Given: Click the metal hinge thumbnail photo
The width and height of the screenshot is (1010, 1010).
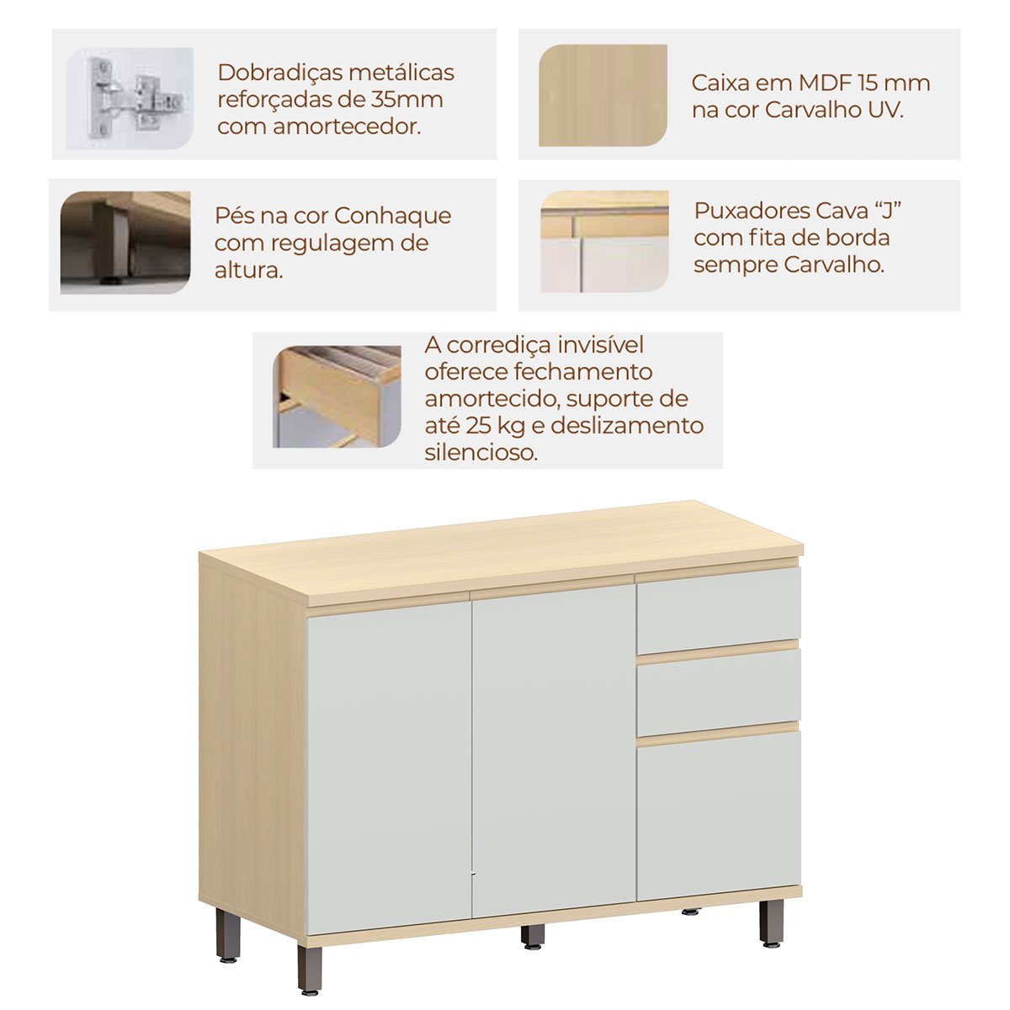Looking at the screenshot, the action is point(130,98).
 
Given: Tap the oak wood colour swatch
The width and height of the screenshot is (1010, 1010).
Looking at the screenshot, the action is point(603,95).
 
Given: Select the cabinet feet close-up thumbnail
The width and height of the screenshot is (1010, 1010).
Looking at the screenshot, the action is point(125,242).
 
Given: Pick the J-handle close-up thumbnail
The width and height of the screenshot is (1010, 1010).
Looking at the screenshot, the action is point(604,242).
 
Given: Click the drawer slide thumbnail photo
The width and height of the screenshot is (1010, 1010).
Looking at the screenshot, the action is point(337,396).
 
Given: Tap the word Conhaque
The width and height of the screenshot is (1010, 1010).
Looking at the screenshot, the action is point(392,216).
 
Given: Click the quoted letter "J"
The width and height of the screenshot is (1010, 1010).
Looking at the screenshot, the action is point(887,210).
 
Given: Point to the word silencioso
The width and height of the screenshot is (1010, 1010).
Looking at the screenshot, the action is point(481,453).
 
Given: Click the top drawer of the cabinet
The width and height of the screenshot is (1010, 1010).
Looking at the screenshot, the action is point(719,610).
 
